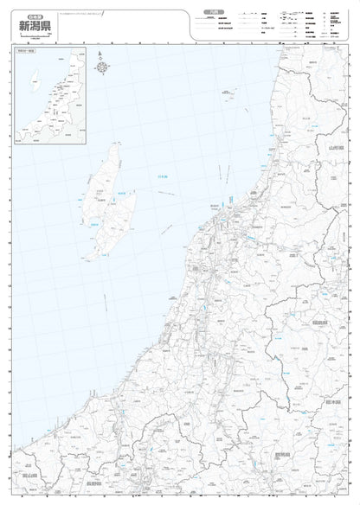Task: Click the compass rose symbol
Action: [102, 66]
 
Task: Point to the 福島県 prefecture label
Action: [318, 322]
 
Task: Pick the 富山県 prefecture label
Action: [27, 476]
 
